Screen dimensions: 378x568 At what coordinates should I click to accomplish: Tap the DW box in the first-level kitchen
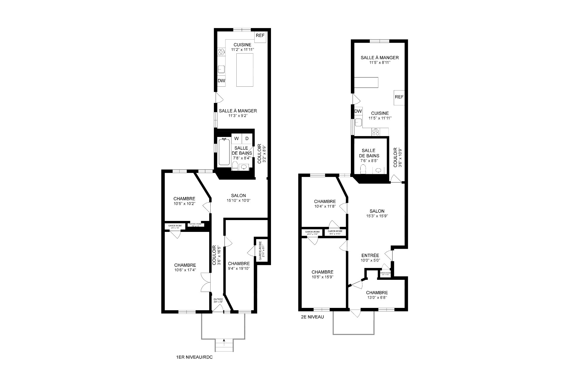pyautogui.click(x=221, y=81)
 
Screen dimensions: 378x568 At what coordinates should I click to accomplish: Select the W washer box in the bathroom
pyautogui.click(x=236, y=138)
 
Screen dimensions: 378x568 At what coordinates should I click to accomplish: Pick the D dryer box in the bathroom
pyautogui.click(x=247, y=138)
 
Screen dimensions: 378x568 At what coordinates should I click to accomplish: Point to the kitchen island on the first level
pyautogui.click(x=245, y=70)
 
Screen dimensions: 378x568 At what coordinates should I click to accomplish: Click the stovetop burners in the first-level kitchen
pyautogui.click(x=221, y=52)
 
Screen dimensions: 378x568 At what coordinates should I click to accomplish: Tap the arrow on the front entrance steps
pyautogui.click(x=224, y=341)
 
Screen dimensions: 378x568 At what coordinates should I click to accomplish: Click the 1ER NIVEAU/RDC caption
pyautogui.click(x=194, y=357)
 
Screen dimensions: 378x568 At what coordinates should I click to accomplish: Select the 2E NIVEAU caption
pyautogui.click(x=312, y=317)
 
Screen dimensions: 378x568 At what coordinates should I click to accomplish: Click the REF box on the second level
pyautogui.click(x=399, y=97)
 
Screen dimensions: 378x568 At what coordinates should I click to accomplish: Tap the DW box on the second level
pyautogui.click(x=358, y=111)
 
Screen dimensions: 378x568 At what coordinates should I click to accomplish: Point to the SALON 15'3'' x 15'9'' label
pyautogui.click(x=377, y=213)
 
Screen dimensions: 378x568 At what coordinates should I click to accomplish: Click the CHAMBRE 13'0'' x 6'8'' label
pyautogui.click(x=377, y=295)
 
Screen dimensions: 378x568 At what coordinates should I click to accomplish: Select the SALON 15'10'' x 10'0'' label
pyautogui.click(x=238, y=198)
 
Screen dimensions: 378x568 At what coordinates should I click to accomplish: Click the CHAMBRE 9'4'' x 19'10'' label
pyautogui.click(x=239, y=266)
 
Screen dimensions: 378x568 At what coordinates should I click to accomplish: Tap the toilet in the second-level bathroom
pyautogui.click(x=363, y=169)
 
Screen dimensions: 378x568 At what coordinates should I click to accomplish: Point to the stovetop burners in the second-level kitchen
pyautogui.click(x=376, y=132)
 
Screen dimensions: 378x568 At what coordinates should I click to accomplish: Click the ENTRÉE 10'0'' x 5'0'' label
pyautogui.click(x=370, y=258)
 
